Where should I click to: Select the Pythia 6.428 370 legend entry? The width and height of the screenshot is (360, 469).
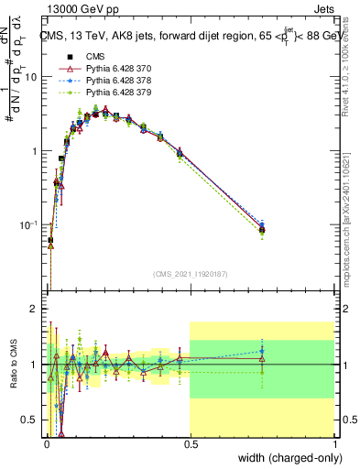[x=104, y=70]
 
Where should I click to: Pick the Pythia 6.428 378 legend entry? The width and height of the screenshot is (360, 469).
[x=104, y=82]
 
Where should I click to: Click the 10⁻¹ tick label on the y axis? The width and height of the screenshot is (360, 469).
[x=30, y=225]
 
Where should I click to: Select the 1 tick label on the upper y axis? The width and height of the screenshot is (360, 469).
[x=36, y=151]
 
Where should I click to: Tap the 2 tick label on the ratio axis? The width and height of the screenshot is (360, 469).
[x=36, y=310]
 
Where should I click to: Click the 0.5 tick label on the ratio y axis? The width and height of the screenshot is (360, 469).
[x=30, y=420]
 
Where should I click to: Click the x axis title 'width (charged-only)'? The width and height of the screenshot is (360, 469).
[x=286, y=458]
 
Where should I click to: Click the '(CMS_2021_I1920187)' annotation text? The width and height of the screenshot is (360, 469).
[x=190, y=273]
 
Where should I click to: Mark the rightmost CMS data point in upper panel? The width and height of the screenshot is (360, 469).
[x=262, y=230]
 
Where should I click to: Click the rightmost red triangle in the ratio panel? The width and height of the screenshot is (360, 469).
[x=262, y=359]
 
